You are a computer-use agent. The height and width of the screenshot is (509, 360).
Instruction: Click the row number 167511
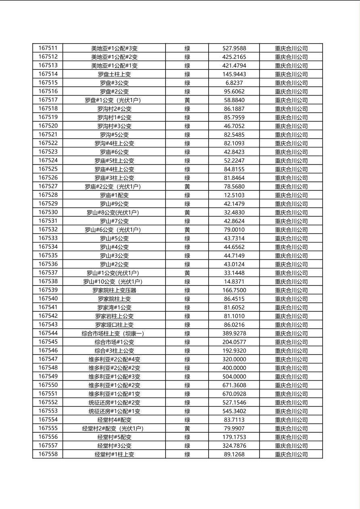click(48, 48)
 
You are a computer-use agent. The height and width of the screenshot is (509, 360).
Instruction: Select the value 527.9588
click(234, 48)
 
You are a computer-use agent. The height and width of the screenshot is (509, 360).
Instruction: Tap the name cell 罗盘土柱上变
click(114, 74)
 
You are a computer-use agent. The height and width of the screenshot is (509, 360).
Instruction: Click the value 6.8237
click(234, 83)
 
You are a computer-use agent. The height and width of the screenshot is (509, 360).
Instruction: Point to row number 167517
click(48, 100)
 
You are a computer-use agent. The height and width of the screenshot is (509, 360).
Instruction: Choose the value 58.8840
click(234, 100)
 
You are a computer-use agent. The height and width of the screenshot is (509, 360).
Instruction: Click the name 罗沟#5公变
click(114, 135)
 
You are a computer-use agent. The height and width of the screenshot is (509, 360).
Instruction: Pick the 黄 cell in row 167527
click(187, 186)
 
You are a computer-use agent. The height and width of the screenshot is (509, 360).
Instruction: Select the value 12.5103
click(234, 195)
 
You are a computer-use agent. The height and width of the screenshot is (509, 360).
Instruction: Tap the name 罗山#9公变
click(114, 204)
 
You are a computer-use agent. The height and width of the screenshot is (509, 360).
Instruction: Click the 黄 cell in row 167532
click(187, 229)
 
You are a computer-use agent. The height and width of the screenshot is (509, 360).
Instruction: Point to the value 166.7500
click(234, 290)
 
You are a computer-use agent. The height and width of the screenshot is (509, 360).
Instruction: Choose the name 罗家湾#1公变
click(114, 307)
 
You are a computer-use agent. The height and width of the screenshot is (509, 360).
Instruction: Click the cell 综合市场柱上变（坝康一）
click(114, 334)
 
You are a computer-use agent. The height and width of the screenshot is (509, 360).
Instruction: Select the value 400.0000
click(234, 368)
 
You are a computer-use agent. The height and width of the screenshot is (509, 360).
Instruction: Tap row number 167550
click(48, 385)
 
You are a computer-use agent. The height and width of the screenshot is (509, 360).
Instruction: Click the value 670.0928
click(234, 394)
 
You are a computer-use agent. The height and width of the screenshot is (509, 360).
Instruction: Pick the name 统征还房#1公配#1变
click(114, 411)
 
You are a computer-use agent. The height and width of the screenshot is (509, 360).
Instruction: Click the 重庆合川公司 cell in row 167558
click(291, 454)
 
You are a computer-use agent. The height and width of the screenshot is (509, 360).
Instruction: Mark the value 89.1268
click(234, 454)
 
